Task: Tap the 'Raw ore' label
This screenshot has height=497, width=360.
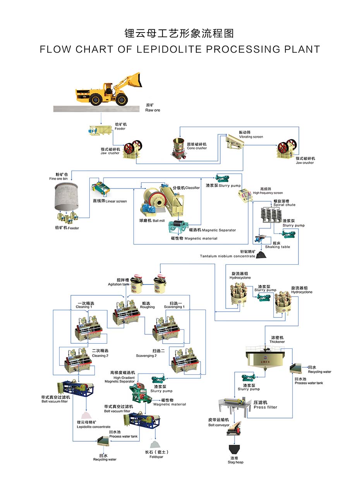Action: pyautogui.click(x=153, y=110)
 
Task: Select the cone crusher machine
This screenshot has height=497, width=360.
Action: pyautogui.click(x=179, y=148)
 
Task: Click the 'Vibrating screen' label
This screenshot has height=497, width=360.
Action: pyautogui.click(x=251, y=137)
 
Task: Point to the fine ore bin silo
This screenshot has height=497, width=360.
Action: pyautogui.click(x=66, y=196)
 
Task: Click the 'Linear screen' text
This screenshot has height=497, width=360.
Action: pyautogui.click(x=116, y=201)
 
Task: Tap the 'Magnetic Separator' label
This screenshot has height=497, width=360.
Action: pyautogui.click(x=219, y=230)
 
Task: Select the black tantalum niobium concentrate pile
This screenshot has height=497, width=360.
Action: pyautogui.click(x=261, y=255)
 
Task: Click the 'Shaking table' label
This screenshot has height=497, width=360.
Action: pyautogui.click(x=278, y=247)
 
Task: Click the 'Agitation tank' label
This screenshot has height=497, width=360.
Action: pyautogui.click(x=118, y=284)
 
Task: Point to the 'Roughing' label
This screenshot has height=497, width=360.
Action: pyautogui.click(x=147, y=307)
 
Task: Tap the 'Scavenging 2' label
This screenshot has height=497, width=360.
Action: pyautogui.click(x=146, y=356)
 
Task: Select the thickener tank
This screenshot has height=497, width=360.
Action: pyautogui.click(x=265, y=357)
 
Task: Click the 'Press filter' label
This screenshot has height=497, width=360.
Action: pyautogui.click(x=266, y=407)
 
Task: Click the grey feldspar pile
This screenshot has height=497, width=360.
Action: pyautogui.click(x=155, y=444)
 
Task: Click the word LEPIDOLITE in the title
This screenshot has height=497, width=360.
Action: pyautogui.click(x=169, y=49)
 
